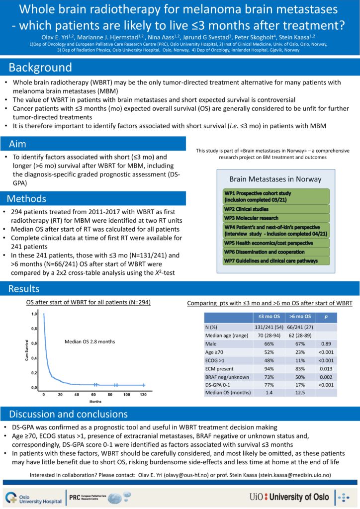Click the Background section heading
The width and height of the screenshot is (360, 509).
tap(40, 68)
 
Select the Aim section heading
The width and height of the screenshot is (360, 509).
tap(22, 144)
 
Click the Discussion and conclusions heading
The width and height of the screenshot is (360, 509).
tap(68, 414)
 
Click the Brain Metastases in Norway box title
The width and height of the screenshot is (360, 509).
tap(275, 179)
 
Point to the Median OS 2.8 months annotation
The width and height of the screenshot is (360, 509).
tap(89, 341)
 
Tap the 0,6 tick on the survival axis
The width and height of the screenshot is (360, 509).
tap(35, 343)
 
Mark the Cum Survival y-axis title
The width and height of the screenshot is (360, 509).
tap(27, 350)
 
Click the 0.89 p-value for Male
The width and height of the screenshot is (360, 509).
tap(326, 343)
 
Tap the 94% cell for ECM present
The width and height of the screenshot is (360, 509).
tap(268, 368)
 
